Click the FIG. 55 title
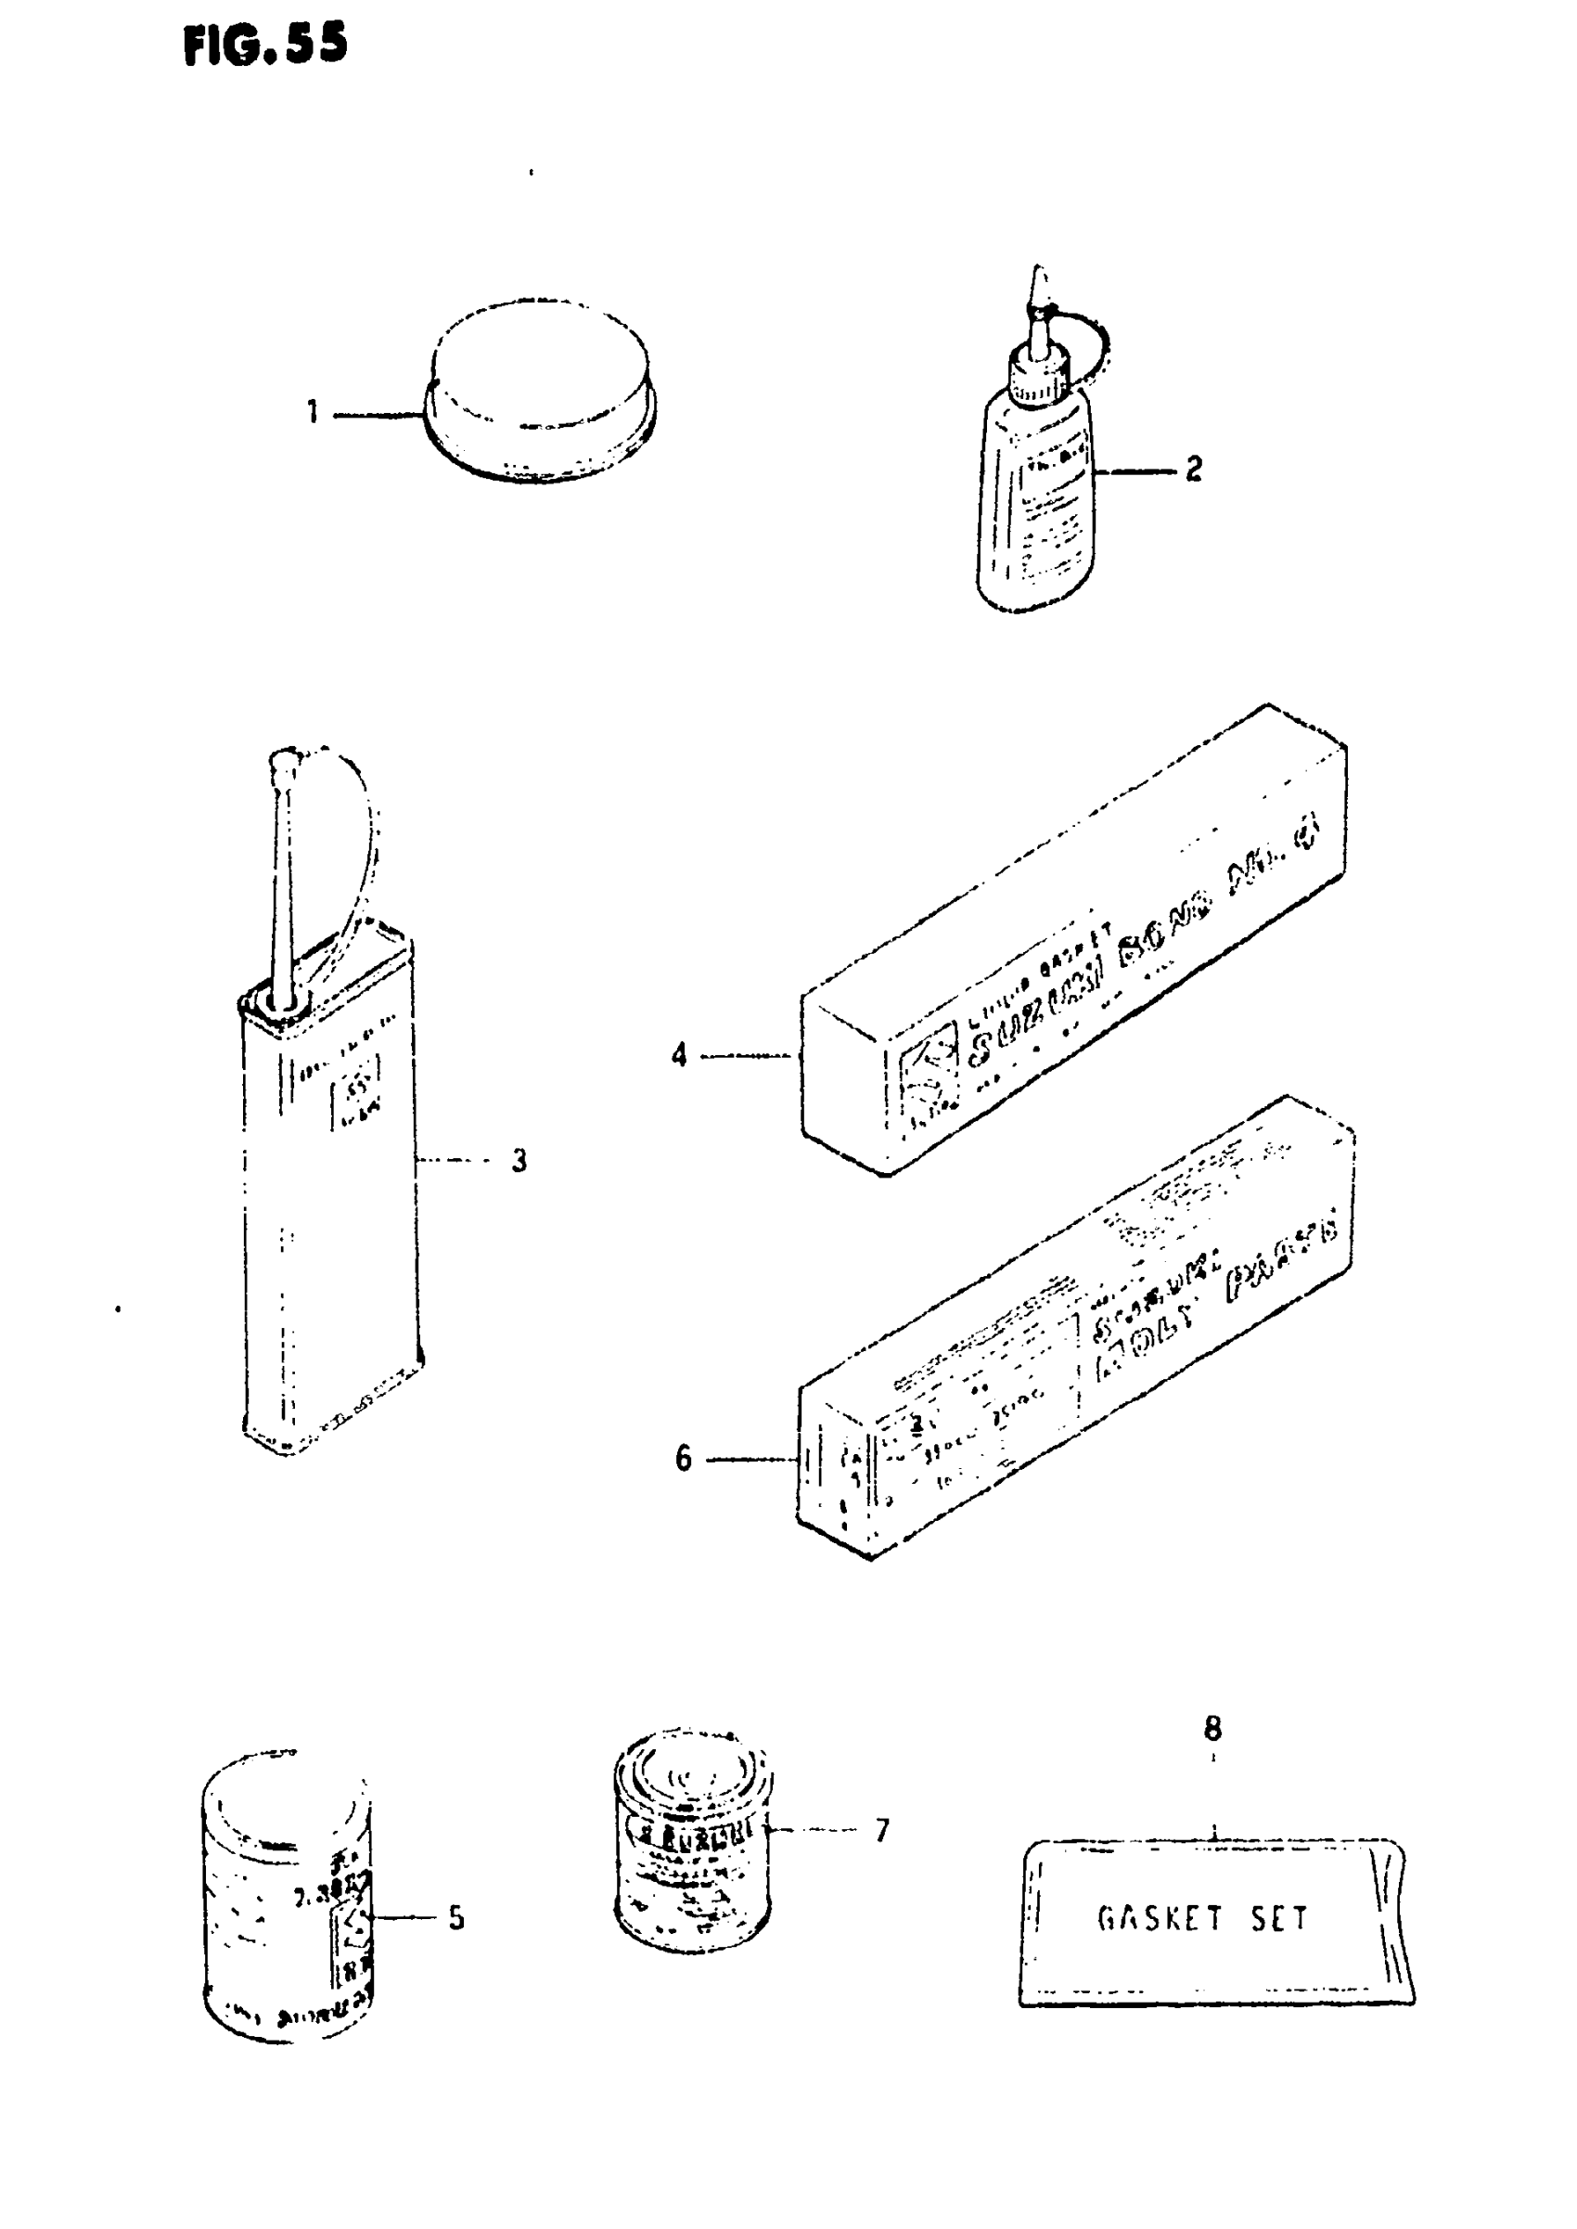coord(264,45)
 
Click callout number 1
coord(313,413)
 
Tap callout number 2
coord(1194,470)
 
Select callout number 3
coord(519,1160)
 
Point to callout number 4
coord(679,1055)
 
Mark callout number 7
coord(881,1830)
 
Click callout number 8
coord(1212,1729)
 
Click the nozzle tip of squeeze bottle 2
coord(1039,282)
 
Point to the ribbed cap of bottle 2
coord(1039,379)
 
